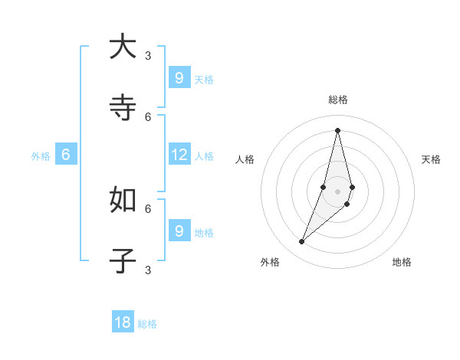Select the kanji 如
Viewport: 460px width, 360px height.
[123, 199]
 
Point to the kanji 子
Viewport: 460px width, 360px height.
[123, 260]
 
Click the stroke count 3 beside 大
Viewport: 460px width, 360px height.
[148, 55]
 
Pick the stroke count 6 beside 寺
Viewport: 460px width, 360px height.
[148, 116]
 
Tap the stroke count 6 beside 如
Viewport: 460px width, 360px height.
[148, 208]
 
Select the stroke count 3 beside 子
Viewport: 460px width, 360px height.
[148, 270]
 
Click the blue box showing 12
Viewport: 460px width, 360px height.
[179, 155]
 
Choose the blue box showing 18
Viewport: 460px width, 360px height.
[123, 322]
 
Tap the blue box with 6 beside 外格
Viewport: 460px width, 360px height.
[66, 155]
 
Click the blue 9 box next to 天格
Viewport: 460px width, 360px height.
[179, 78]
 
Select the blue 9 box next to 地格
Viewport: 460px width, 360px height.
[179, 231]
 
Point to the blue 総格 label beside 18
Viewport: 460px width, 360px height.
[147, 324]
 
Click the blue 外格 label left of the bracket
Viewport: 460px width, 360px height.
[41, 156]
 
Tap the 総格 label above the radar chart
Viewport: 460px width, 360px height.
[338, 100]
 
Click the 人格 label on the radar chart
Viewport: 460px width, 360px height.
[245, 159]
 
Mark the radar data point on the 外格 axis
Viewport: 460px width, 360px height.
[302, 242]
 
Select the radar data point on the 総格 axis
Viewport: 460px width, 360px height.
[337, 130]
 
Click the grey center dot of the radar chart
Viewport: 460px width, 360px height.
[337, 191]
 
